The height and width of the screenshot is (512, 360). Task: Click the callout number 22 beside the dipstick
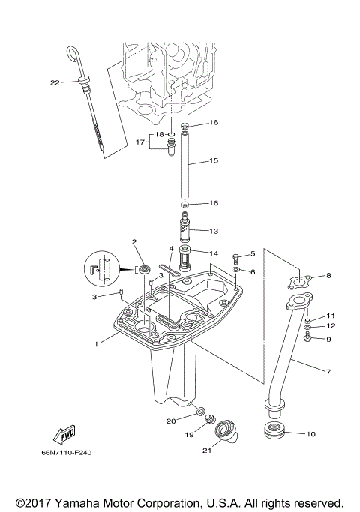pos(54,82)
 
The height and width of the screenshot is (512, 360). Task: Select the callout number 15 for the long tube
pos(214,160)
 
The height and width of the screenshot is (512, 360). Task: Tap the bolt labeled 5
pos(237,256)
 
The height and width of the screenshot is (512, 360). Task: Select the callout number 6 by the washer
pos(252,271)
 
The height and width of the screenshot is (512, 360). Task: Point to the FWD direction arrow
pos(63,433)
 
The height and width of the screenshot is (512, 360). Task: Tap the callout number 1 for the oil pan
pos(96,343)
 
